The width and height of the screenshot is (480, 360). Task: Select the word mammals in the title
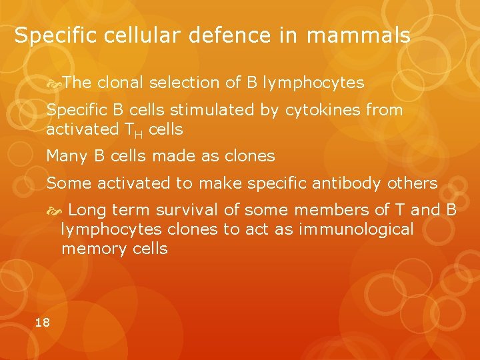coord(359,35)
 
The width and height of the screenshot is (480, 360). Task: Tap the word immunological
coord(357,229)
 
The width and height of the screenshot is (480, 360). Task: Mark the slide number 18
coord(42,323)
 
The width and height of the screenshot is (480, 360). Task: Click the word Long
coord(87,210)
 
